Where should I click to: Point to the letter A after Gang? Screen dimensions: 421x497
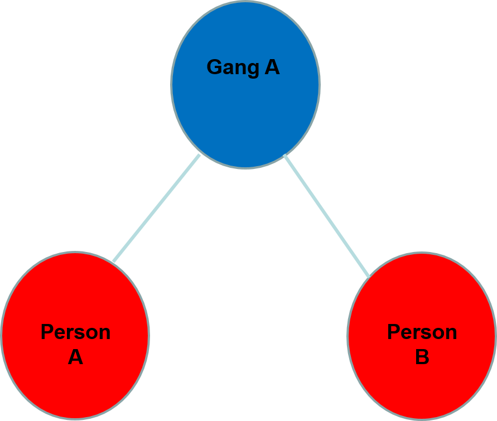point(272,67)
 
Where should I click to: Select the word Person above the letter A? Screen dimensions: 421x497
point(75,332)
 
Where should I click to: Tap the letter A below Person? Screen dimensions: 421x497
point(75,357)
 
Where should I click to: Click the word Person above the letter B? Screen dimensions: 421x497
point(422,332)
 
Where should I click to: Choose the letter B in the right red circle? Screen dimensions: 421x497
point(422,357)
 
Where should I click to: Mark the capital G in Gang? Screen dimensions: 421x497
point(214,67)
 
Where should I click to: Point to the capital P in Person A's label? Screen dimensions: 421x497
point(46,332)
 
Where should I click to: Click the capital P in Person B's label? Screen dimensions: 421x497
point(393,332)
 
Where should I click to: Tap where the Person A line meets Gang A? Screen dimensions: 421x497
point(199,156)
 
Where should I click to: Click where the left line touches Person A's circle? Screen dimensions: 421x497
point(113,261)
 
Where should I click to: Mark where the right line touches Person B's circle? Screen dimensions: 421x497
point(368,275)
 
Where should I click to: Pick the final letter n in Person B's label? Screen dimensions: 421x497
point(451,333)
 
